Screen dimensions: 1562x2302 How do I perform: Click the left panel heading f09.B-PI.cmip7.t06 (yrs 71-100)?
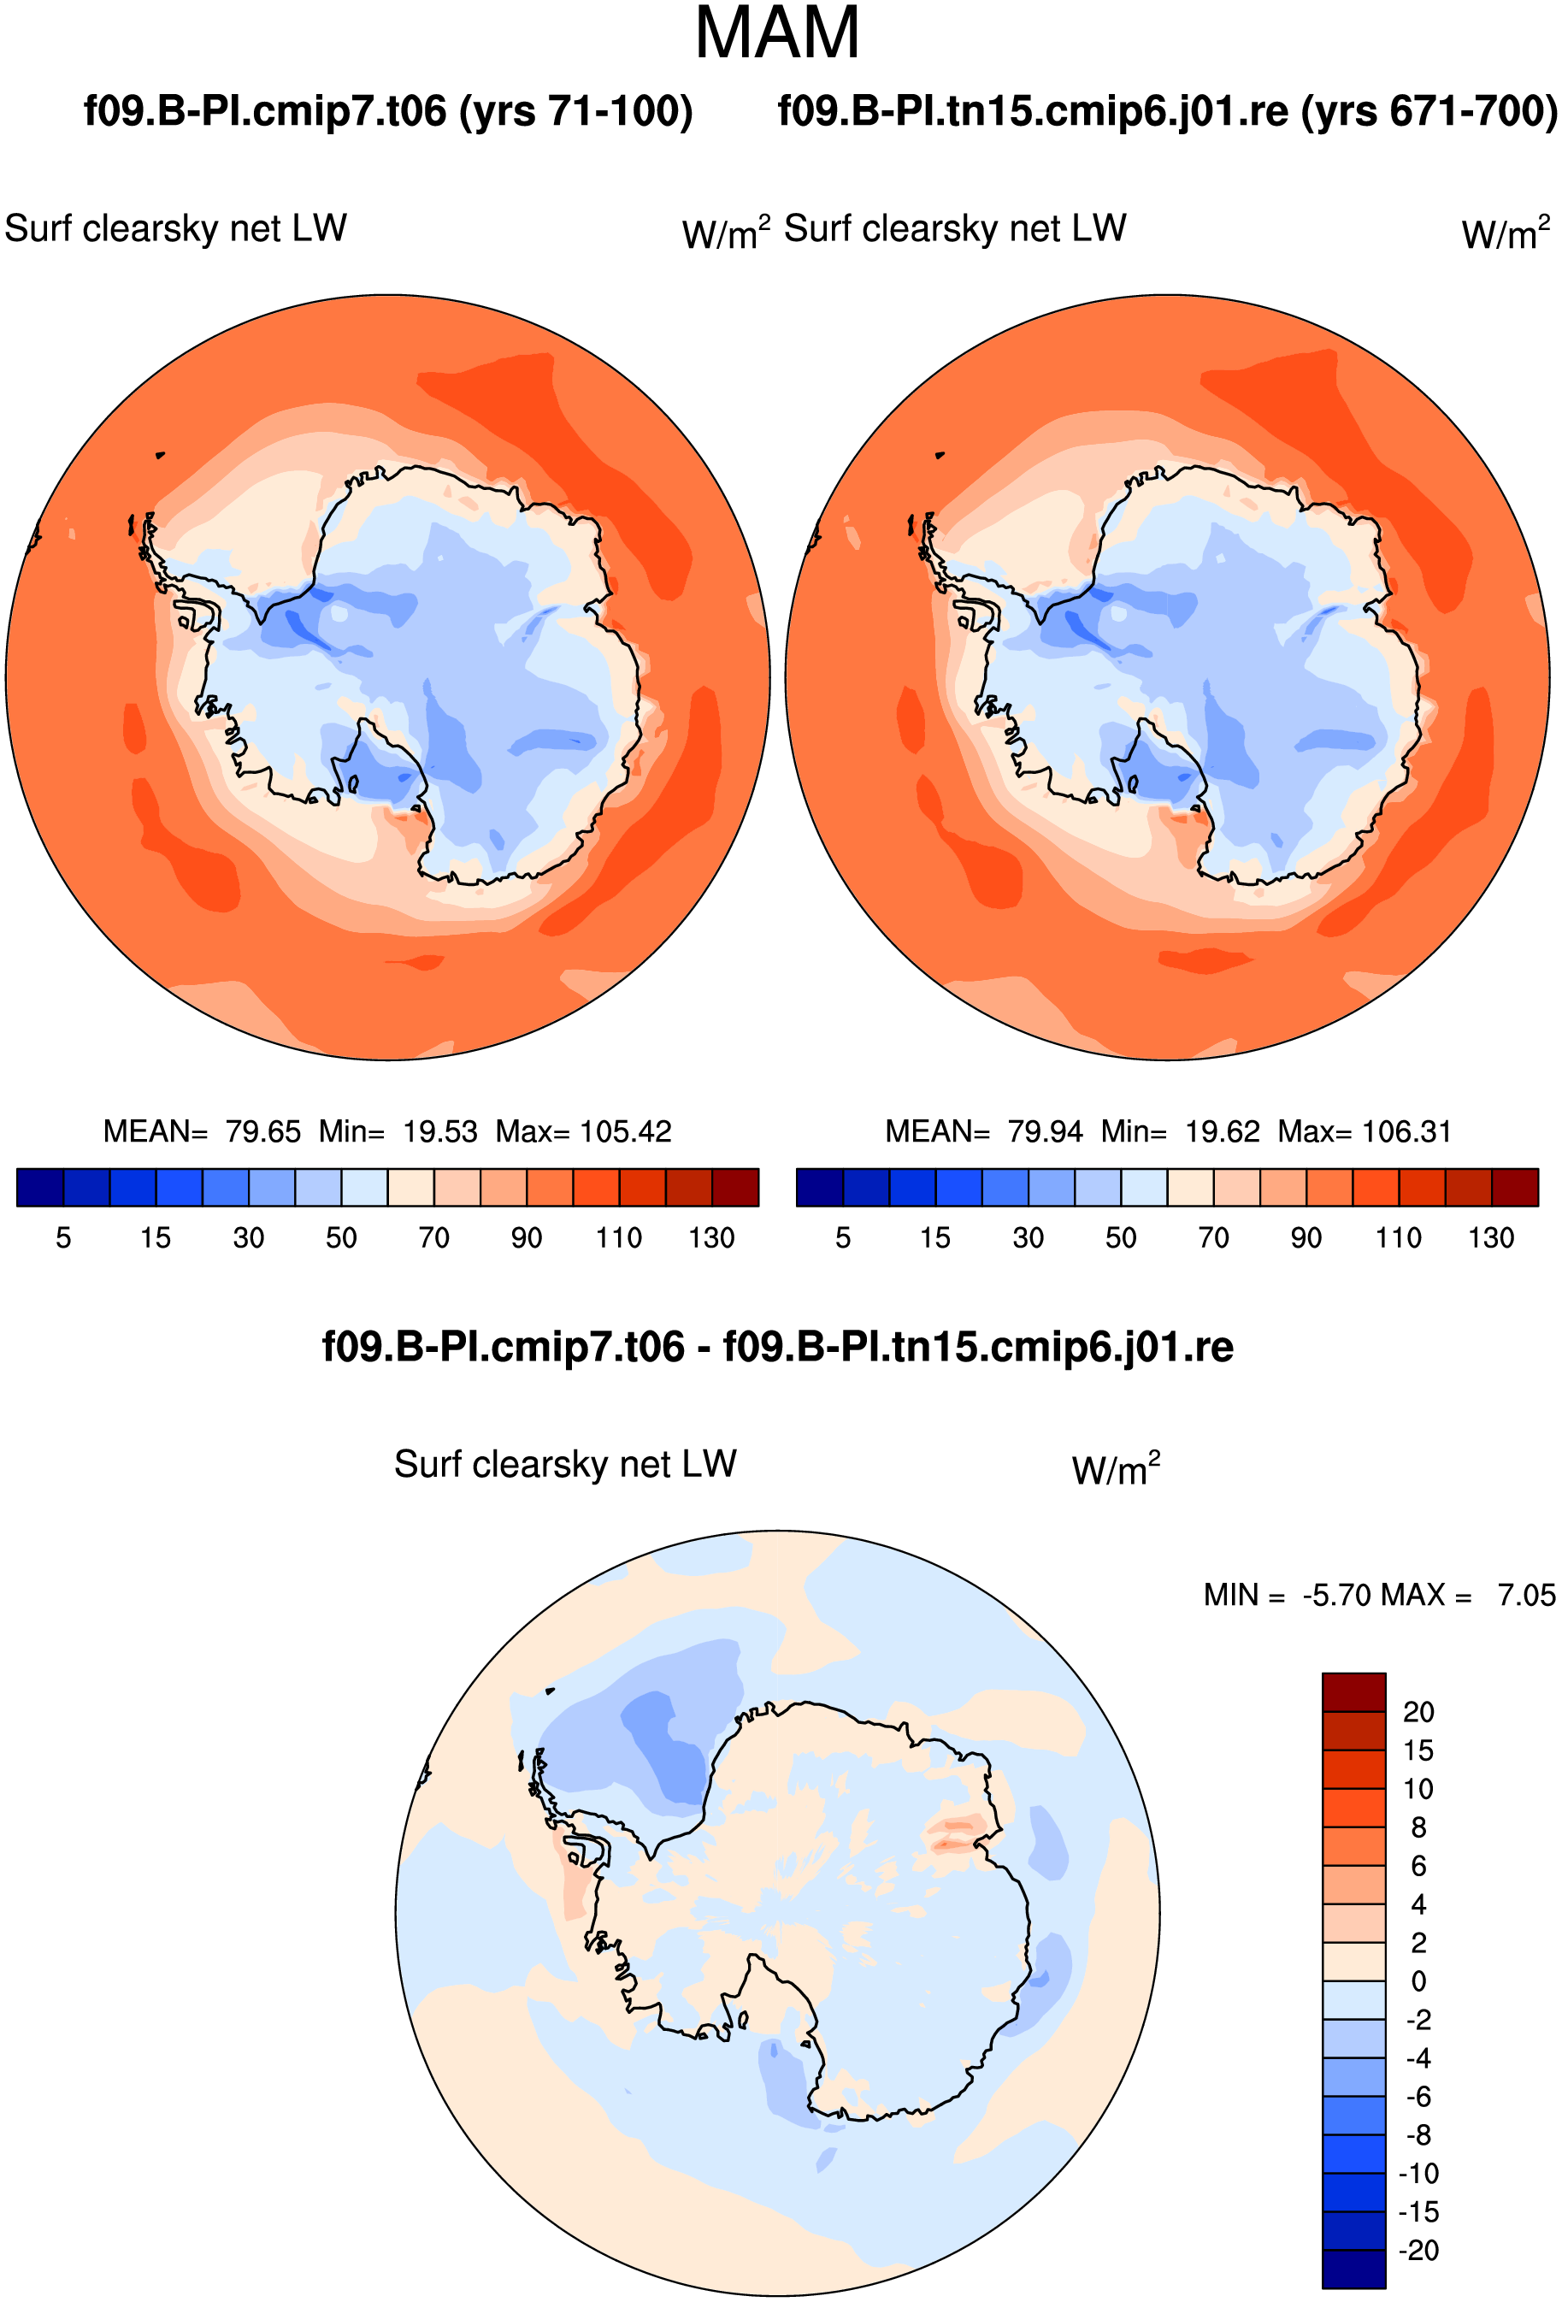388,111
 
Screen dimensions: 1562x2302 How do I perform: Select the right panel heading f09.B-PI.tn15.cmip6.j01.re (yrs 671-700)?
1168,111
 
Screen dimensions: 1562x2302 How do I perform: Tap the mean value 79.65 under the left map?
262,1131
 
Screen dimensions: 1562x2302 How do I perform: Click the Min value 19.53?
439,1131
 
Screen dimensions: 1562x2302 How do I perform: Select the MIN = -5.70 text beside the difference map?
1288,1595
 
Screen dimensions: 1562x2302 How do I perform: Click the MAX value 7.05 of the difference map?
1526,1595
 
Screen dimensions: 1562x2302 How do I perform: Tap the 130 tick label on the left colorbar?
711,1238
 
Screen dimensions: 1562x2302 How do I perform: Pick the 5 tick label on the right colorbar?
843,1238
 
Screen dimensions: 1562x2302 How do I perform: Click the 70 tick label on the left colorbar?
433,1238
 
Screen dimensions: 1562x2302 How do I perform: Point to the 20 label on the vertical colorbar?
1418,1712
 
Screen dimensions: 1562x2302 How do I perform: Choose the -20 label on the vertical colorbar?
1418,2250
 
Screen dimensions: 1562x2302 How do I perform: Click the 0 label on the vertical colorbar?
1418,1981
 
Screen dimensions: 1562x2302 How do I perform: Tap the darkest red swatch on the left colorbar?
736,1187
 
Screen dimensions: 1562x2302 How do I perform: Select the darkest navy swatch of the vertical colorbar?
1353,2269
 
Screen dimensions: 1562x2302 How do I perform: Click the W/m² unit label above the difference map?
1116,1469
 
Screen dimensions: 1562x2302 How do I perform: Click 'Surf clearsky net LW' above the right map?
955,229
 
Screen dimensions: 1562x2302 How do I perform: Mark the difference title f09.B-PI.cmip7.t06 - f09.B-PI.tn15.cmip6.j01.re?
777,1347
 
